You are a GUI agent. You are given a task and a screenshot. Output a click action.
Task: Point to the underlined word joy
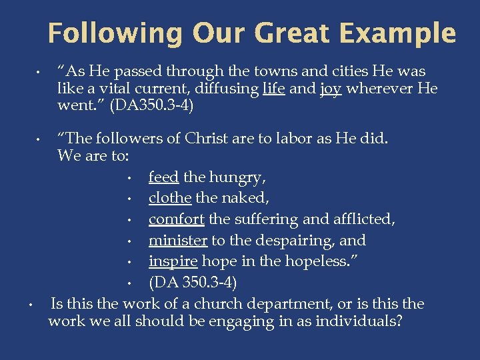331,89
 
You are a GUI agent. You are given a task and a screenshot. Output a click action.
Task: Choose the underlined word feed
163,177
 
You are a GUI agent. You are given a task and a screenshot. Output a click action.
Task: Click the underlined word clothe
170,198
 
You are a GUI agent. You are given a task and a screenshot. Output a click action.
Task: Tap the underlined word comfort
176,219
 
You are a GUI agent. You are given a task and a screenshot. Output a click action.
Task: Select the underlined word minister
177,241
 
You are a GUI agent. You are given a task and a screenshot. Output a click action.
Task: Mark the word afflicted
363,219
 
